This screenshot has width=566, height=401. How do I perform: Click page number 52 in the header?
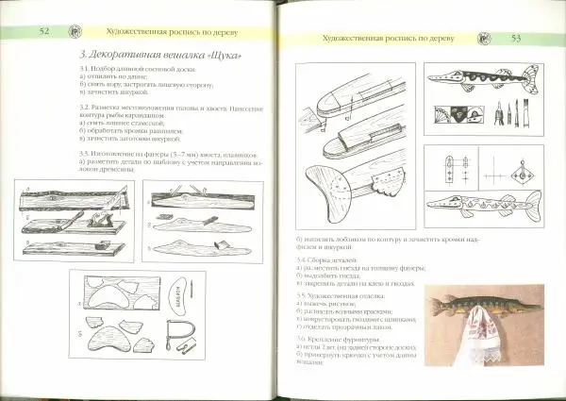(43, 31)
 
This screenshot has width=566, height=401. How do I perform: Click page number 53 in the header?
(516, 38)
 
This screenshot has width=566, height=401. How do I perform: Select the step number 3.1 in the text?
(85, 71)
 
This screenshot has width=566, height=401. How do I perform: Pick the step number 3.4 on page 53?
(302, 259)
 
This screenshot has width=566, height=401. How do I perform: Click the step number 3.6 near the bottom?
(302, 338)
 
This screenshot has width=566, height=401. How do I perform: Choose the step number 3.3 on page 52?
(85, 152)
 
